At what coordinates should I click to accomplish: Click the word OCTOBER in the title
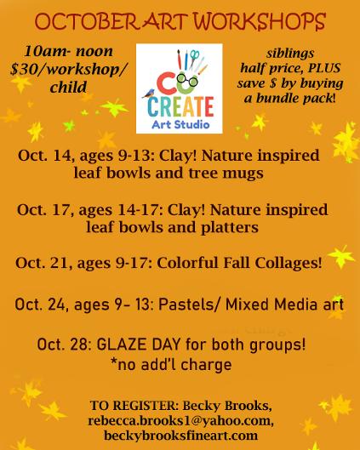pyautogui.click(x=87, y=22)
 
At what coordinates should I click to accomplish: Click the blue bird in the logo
pyautogui.click(x=149, y=94)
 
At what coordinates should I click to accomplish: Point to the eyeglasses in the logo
pyautogui.click(x=187, y=80)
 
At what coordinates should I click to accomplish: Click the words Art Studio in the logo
pyautogui.click(x=180, y=125)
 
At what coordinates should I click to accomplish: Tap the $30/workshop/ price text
pyautogui.click(x=68, y=70)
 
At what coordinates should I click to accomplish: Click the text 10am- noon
pyautogui.click(x=69, y=51)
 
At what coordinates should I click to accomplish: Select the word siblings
pyautogui.click(x=290, y=54)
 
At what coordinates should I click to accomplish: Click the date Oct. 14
pyautogui.click(x=45, y=156)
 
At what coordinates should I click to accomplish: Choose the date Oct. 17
pyautogui.click(x=44, y=210)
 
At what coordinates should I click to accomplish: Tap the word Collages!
pyautogui.click(x=289, y=263)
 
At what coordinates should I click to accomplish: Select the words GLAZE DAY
pyautogui.click(x=139, y=345)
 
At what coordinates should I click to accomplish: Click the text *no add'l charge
pyautogui.click(x=171, y=365)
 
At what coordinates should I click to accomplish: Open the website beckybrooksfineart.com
pyautogui.click(x=180, y=436)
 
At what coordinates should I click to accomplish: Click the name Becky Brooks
pyautogui.click(x=226, y=406)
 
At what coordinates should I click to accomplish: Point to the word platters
pyautogui.click(x=230, y=228)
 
